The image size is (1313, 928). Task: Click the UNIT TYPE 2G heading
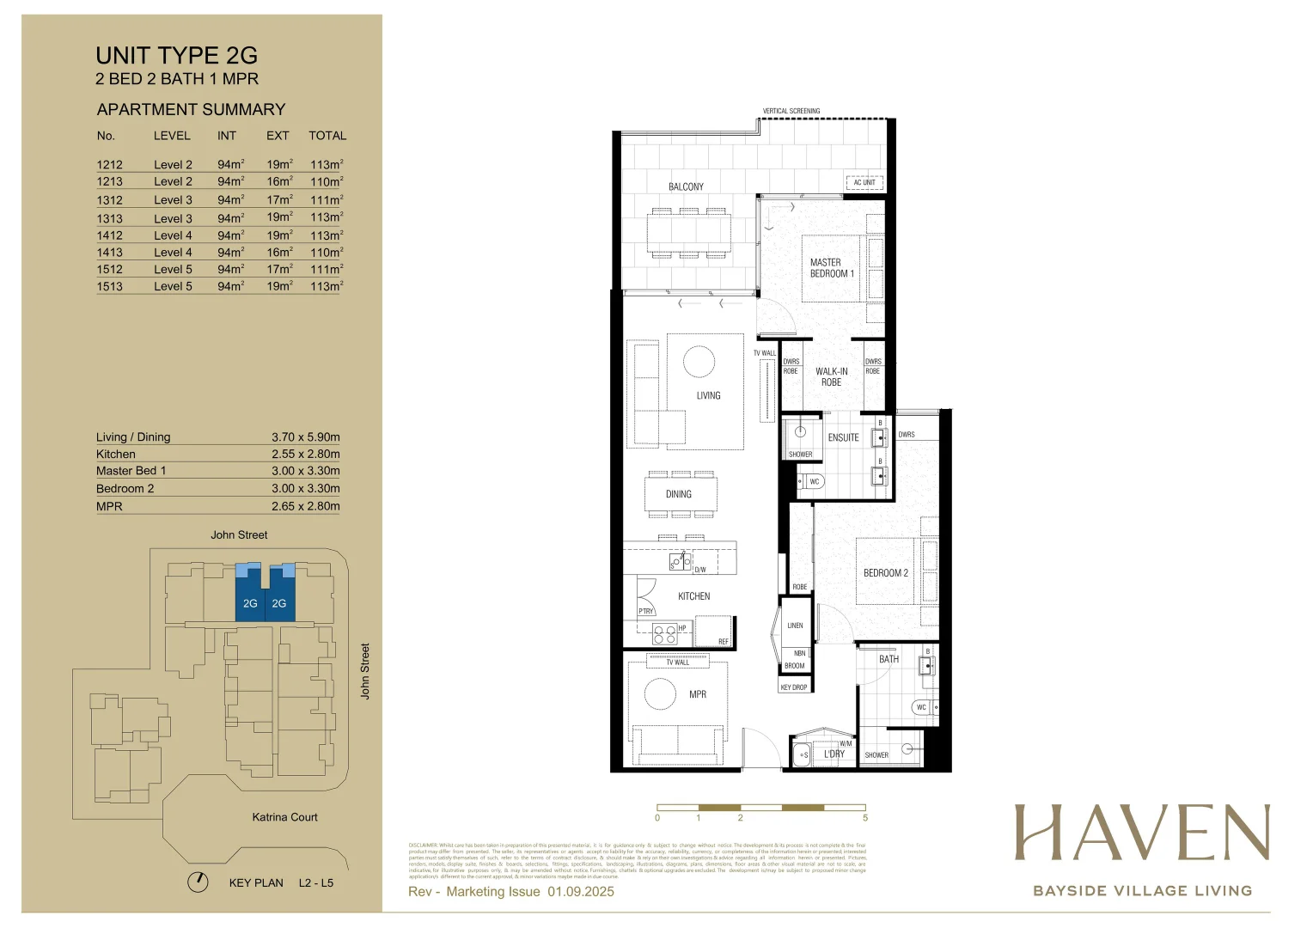176,56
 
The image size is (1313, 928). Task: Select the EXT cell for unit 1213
279,181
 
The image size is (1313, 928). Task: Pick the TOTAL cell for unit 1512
327,269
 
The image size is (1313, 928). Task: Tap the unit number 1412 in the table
109,235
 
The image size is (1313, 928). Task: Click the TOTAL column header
327,136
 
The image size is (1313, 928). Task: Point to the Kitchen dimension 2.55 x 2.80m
305,454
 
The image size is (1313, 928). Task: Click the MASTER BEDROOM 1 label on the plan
831,268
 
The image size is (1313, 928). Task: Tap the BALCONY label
686,186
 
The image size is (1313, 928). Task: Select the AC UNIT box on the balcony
864,182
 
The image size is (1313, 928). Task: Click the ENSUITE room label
843,437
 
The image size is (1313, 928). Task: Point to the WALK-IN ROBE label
831,377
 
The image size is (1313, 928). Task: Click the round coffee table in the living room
699,362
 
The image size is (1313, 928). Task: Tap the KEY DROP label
793,687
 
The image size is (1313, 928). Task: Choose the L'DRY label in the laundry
834,754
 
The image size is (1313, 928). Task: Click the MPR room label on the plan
697,694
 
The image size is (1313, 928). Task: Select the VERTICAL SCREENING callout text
791,111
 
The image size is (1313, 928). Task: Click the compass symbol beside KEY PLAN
198,882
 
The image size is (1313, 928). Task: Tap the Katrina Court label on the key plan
284,817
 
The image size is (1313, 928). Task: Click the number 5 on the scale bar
864,818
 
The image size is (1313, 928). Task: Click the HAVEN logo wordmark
1141,833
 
